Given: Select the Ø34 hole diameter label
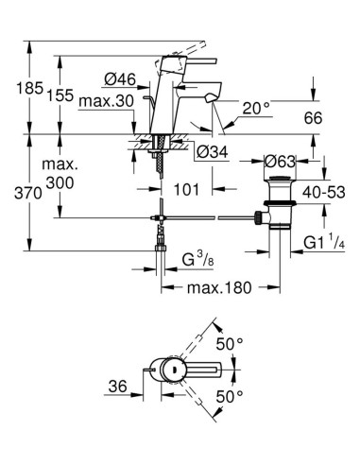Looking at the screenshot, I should [x=212, y=149].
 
